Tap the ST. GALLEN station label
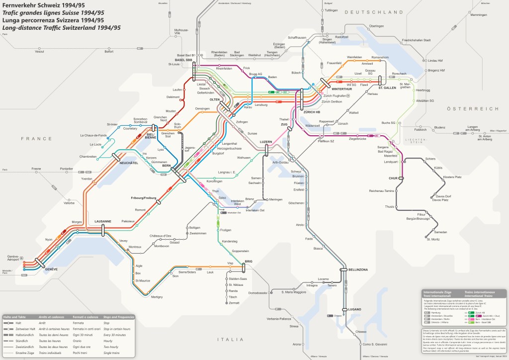click(386, 88)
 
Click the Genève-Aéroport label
click(16, 258)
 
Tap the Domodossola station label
click(258, 293)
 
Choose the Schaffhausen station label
click(297, 38)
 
